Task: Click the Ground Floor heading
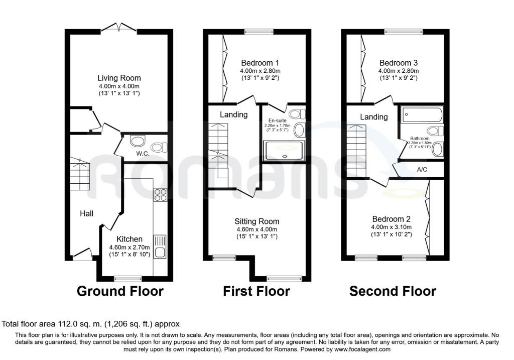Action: pos(120,291)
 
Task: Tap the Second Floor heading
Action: pos(393,291)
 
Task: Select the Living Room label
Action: pos(119,78)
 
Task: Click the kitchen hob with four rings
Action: pos(161,195)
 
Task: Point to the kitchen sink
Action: pos(160,247)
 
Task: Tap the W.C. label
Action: pos(143,154)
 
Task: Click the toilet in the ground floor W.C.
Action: pos(159,147)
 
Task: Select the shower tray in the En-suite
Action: pos(284,151)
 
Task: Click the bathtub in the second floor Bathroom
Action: pos(422,115)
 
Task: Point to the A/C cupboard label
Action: pos(422,170)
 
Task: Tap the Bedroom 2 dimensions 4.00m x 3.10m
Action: pos(392,227)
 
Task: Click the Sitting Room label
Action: pos(257,221)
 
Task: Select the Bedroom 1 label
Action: pos(260,63)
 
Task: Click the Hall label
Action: pos(86,214)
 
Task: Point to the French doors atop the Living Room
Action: pos(118,28)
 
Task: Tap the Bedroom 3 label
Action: pos(398,63)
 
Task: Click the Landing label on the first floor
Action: pos(233,114)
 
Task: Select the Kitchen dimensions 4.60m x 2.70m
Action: pos(130,247)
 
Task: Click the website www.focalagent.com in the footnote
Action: pos(362,349)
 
